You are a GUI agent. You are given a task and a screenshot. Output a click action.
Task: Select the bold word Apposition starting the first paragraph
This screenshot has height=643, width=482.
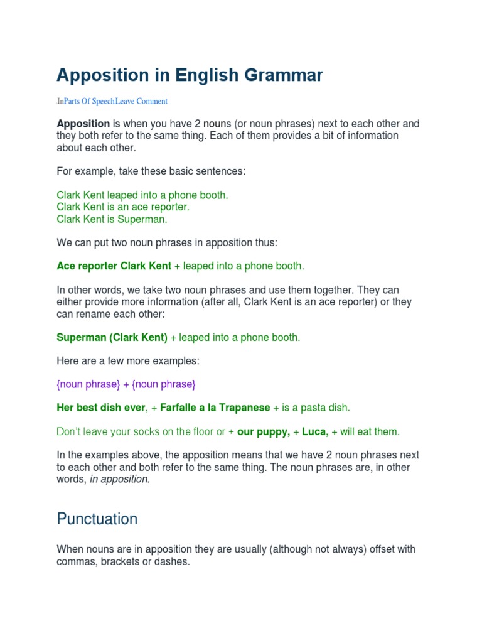pos(83,124)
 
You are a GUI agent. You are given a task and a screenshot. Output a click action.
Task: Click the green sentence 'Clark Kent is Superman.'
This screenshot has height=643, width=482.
pos(112,219)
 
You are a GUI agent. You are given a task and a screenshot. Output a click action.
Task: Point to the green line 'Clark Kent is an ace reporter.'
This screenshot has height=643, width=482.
pos(123,207)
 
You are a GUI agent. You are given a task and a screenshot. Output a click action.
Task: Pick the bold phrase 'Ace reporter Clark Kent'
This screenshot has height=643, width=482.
pos(114,266)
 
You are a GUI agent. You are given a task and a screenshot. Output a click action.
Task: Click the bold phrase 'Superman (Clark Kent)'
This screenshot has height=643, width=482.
pos(112,338)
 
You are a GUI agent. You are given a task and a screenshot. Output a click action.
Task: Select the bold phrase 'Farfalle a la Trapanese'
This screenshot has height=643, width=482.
pos(215,408)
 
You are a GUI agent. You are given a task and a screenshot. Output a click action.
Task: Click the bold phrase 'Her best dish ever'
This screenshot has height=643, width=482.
pos(101,408)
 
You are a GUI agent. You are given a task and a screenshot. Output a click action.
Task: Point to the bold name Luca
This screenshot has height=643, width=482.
pos(314,432)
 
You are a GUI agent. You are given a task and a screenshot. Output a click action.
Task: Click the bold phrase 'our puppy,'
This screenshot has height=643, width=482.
pos(264,432)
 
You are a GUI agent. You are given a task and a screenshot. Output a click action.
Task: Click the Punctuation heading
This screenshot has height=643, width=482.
pos(97,519)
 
